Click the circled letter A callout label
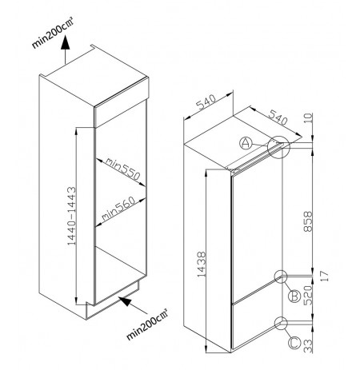click(x=246, y=143)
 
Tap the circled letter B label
click(x=294, y=296)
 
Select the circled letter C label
click(x=294, y=343)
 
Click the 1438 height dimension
click(x=202, y=265)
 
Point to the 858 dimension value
click(x=308, y=221)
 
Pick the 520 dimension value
click(x=308, y=296)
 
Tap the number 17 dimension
click(x=324, y=276)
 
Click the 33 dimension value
click(x=308, y=346)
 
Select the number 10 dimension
click(x=308, y=118)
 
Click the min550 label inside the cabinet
click(x=122, y=169)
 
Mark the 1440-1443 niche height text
click(x=71, y=216)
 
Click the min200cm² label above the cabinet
click(x=52, y=33)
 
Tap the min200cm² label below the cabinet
click(x=146, y=324)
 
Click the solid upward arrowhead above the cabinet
click(x=65, y=42)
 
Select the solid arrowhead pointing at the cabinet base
click(x=126, y=301)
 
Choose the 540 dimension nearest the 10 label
click(x=278, y=117)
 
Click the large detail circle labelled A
click(x=278, y=147)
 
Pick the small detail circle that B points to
click(x=281, y=277)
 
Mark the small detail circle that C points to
click(x=281, y=323)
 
